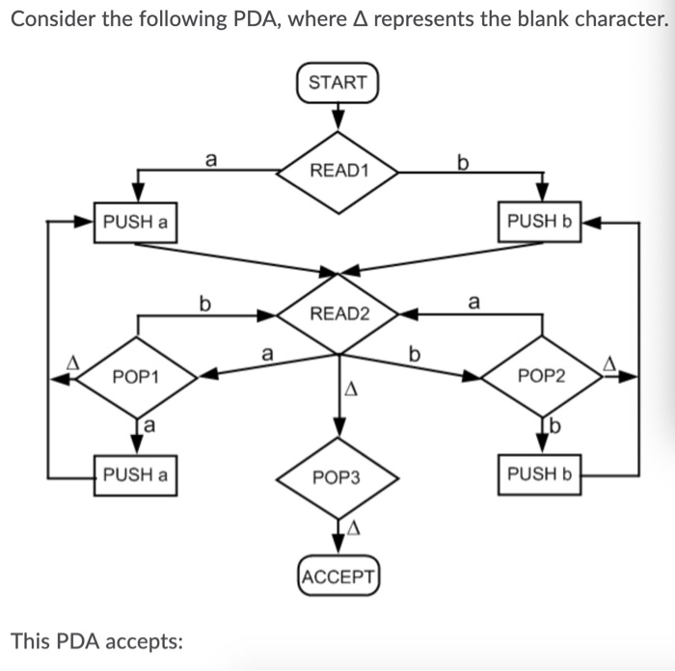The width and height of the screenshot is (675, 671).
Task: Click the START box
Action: [x=337, y=82]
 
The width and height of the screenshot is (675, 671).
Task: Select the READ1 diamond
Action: [x=338, y=171]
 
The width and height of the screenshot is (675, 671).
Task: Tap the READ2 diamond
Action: [x=338, y=313]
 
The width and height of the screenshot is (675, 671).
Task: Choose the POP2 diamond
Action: [x=542, y=376]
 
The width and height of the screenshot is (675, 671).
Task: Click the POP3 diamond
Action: [x=337, y=477]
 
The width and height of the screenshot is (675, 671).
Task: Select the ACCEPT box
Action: [x=337, y=577]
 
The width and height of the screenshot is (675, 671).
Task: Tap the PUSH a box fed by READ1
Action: [x=135, y=222]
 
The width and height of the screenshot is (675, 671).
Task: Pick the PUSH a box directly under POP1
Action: [x=135, y=474]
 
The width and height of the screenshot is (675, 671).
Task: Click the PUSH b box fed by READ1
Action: [x=540, y=222]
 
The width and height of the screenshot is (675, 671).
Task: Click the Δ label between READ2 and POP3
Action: [x=352, y=390]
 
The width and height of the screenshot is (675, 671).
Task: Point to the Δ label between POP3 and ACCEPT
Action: [x=354, y=527]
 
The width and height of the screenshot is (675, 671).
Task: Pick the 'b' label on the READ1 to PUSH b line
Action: [x=464, y=159]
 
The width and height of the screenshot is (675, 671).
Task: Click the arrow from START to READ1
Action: [x=337, y=116]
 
